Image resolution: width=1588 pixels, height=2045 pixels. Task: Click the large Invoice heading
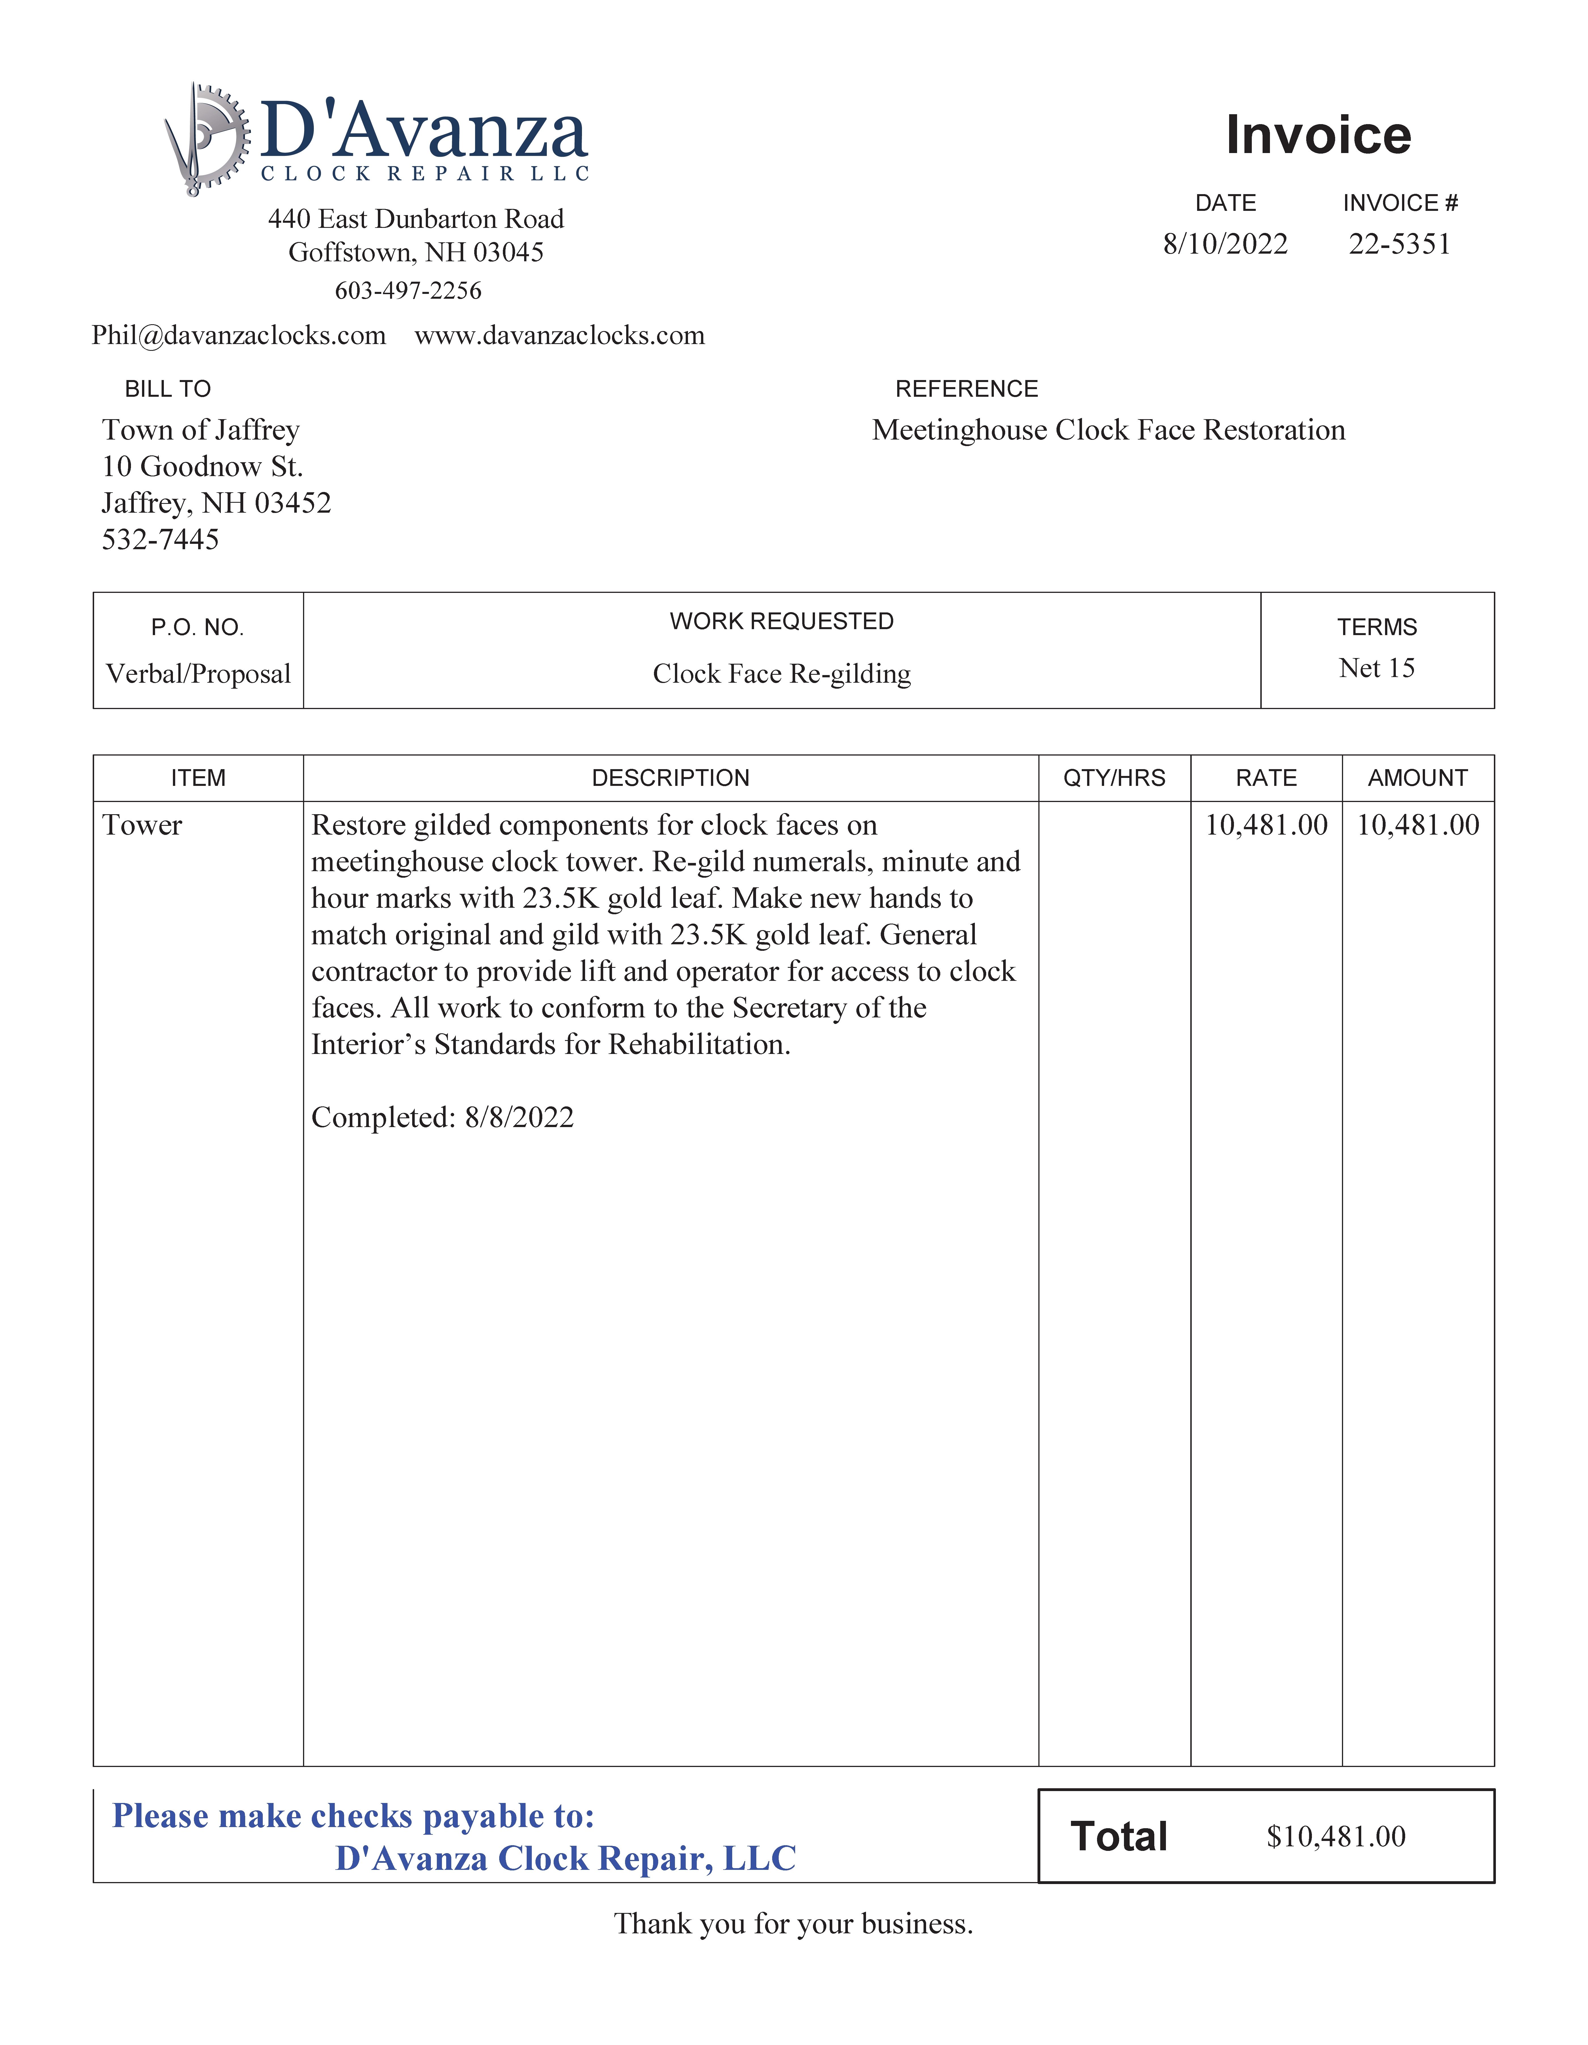point(1317,135)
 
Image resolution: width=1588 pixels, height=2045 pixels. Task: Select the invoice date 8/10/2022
point(1225,244)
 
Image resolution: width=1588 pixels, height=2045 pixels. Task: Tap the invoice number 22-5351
point(1399,244)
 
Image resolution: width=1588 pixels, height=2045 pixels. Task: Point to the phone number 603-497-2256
point(408,291)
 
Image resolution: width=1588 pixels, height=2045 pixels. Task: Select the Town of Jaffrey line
point(200,430)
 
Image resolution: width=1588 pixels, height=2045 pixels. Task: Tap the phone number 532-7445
point(160,539)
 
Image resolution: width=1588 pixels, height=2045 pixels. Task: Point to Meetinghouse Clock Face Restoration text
point(1109,430)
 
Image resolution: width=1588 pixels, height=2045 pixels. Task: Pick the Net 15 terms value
point(1377,669)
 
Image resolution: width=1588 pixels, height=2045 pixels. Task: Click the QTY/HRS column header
point(1114,778)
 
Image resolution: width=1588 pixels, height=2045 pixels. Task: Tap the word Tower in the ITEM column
point(142,825)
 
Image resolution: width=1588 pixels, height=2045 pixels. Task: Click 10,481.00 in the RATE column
point(1266,825)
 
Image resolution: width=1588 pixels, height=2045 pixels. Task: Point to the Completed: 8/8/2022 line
point(442,1117)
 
